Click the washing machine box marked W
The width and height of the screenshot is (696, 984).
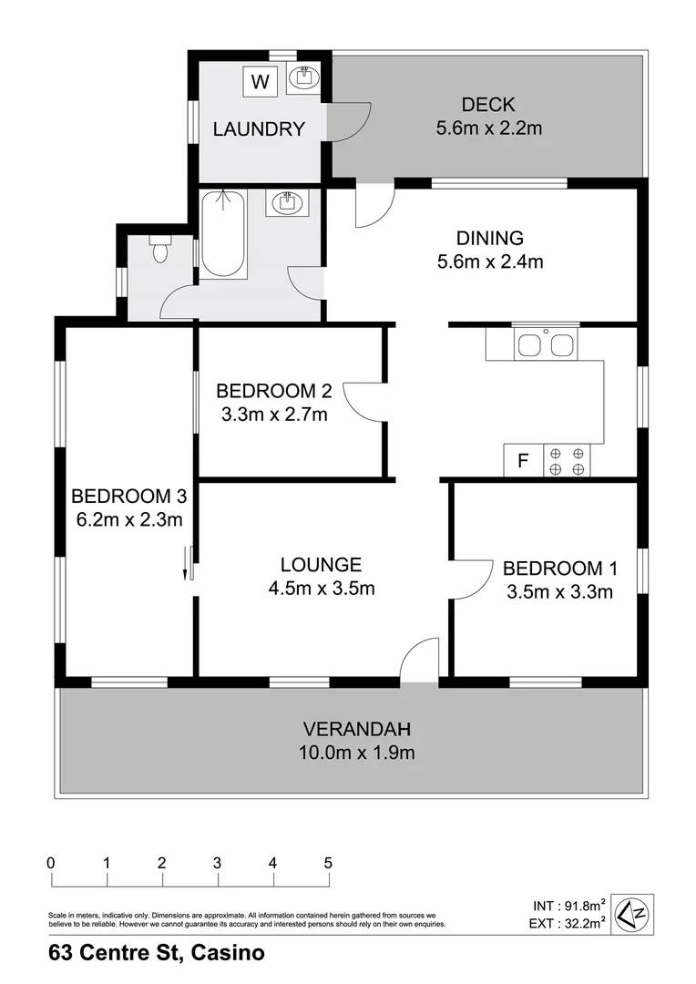(260, 82)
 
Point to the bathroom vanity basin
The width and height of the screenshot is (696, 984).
(288, 202)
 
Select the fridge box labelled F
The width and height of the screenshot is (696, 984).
(523, 461)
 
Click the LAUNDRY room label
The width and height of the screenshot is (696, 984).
(258, 129)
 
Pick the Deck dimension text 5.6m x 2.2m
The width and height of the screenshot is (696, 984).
(489, 128)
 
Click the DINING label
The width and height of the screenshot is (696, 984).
(490, 239)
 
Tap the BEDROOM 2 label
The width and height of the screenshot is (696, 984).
(273, 391)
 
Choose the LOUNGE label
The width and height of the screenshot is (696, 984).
(321, 565)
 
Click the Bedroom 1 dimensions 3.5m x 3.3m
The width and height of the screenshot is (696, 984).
(559, 591)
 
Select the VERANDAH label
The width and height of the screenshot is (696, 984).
(358, 729)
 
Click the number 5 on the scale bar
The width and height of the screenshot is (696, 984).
(328, 862)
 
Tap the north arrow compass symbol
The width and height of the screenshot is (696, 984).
(630, 914)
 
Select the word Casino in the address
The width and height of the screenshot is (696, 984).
(228, 954)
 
